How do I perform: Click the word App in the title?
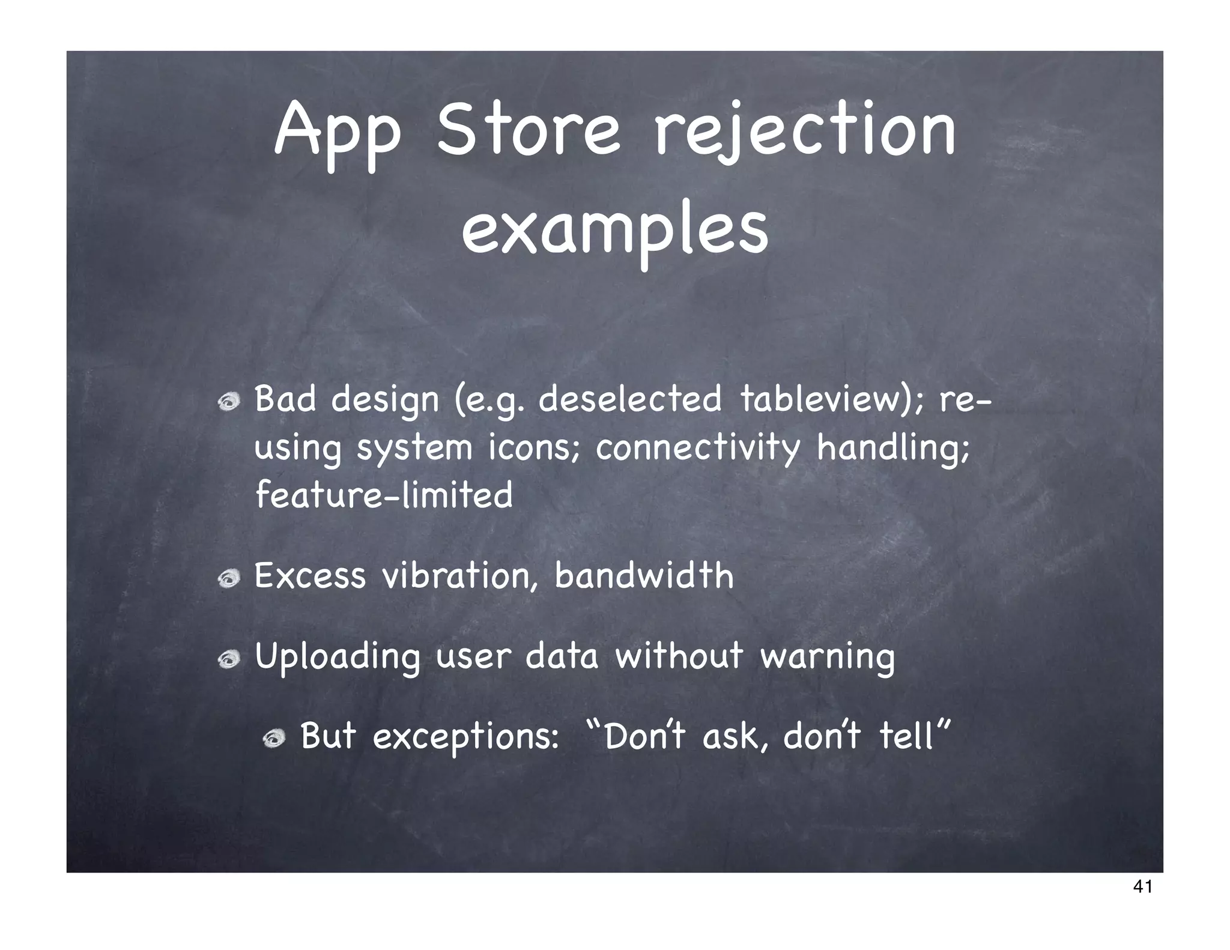(x=338, y=133)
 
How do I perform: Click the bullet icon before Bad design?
(x=229, y=404)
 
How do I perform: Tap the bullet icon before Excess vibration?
(x=229, y=579)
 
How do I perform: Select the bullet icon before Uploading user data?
(x=229, y=659)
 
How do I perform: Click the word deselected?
(x=629, y=399)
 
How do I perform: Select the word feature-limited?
(x=384, y=495)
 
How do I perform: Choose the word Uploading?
(x=337, y=658)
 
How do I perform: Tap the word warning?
(x=827, y=658)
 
